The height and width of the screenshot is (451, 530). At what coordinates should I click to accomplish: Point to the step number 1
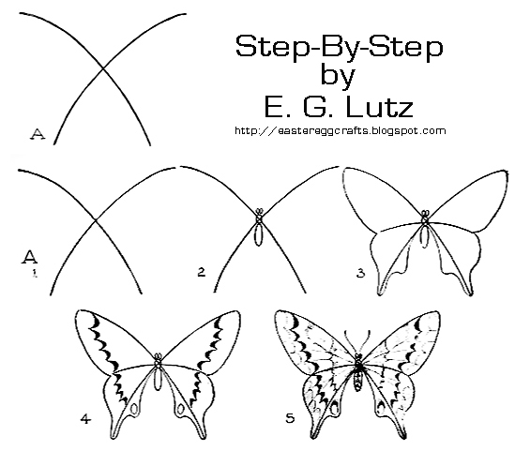[32, 274]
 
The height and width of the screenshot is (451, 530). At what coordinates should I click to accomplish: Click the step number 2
[201, 273]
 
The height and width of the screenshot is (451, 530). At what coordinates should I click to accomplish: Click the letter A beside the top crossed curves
[38, 134]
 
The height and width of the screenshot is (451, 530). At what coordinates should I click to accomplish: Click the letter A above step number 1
[30, 255]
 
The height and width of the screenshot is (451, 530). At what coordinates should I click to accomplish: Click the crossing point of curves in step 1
[95, 222]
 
